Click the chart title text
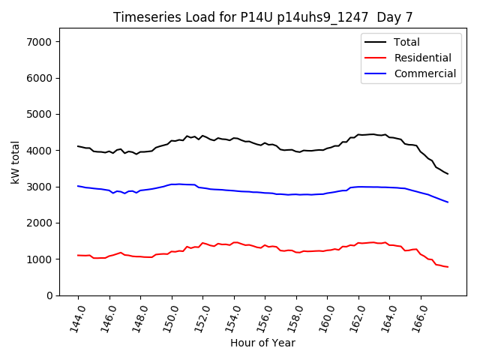tap(262, 16)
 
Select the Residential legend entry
tap(423, 58)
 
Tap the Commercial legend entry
tap(425, 73)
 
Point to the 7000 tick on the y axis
tap(38, 42)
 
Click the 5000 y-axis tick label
tap(38, 114)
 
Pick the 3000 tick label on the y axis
tap(38, 187)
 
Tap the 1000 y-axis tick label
tap(38, 259)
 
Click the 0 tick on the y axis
tap(47, 295)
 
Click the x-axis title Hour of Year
tap(262, 343)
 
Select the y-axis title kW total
tap(16, 162)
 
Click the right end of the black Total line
tap(448, 174)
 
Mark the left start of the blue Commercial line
tap(78, 186)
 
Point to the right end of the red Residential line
tap(448, 267)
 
